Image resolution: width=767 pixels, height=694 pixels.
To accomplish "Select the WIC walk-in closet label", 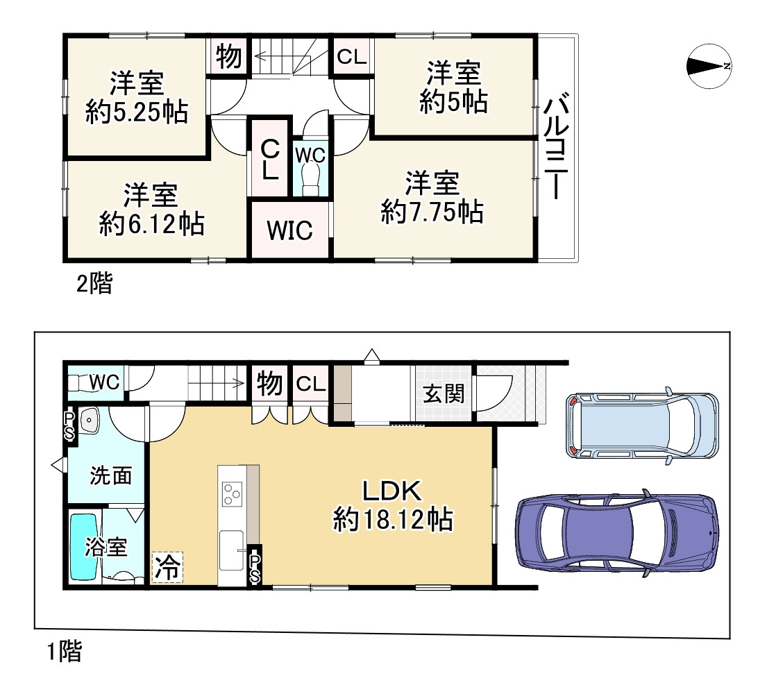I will point(290,230).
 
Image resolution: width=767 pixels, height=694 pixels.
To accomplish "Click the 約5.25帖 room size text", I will point(137,112).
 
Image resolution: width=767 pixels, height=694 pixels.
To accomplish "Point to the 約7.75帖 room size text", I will point(432,212).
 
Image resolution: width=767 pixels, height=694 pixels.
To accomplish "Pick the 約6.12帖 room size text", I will point(151,223).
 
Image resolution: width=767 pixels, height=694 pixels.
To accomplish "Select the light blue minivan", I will point(643,426).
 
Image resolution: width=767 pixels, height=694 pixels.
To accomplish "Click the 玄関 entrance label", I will point(444,395).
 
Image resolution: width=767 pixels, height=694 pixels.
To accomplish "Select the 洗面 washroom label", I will point(111,476).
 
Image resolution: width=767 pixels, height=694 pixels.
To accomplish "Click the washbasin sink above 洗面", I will point(88,421).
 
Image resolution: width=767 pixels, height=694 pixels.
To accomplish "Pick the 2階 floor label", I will point(94,284).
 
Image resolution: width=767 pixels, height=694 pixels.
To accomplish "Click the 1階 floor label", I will point(65,652).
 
